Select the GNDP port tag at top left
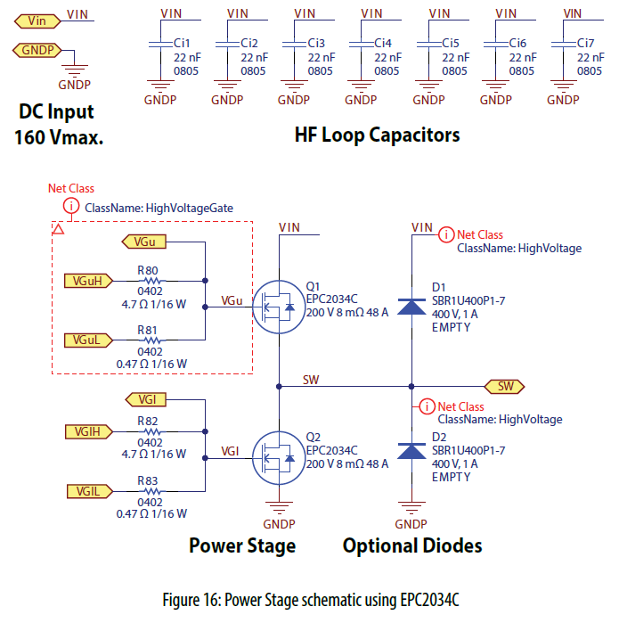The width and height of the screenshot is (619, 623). (38, 51)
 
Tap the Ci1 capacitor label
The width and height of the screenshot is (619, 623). (181, 43)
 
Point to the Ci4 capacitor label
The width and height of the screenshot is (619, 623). (383, 43)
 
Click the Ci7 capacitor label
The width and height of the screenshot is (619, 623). (585, 43)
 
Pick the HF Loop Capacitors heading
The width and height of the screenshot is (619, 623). (377, 135)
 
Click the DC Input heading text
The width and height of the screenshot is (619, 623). (56, 113)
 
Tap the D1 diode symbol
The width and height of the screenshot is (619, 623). (411, 306)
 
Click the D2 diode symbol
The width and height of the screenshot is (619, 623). (411, 451)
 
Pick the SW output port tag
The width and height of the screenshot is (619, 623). (505, 386)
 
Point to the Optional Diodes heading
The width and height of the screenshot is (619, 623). (412, 545)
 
